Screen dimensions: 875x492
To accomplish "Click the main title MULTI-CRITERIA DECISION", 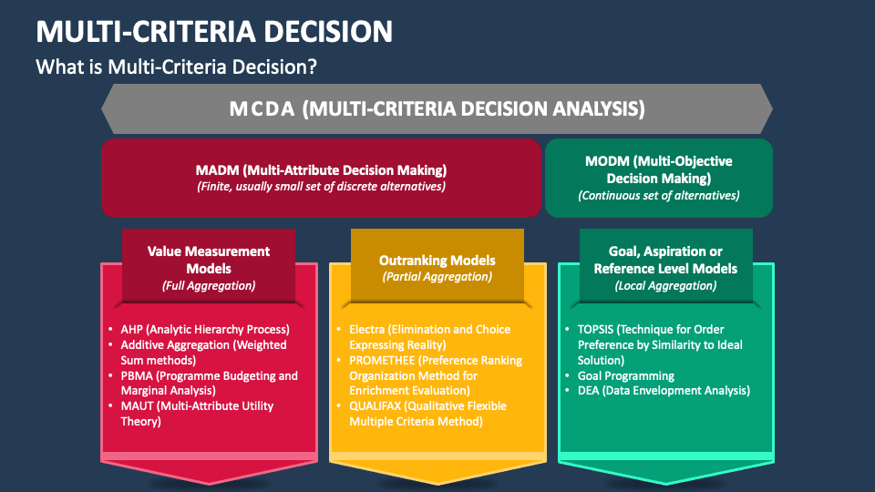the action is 214,31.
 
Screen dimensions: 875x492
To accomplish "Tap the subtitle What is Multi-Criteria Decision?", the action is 176,67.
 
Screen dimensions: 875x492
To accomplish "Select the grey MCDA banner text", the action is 437,108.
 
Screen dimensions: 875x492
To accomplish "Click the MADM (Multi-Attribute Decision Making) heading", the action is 321,170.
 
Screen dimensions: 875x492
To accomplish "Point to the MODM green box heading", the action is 658,169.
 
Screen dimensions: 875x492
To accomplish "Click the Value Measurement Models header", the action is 209,260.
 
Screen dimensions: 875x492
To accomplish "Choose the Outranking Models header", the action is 437,261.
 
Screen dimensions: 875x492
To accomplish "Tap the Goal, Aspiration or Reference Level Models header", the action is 665,260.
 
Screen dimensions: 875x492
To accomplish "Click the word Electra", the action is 367,330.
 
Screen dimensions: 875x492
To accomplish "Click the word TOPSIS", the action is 595,330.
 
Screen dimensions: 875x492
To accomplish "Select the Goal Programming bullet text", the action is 625,376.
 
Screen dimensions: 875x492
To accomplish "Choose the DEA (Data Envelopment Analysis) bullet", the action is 664,391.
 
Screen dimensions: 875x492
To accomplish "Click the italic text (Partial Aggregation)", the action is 437,277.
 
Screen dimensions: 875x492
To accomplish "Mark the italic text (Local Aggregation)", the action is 665,285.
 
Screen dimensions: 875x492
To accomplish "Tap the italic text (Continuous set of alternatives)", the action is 658,196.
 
